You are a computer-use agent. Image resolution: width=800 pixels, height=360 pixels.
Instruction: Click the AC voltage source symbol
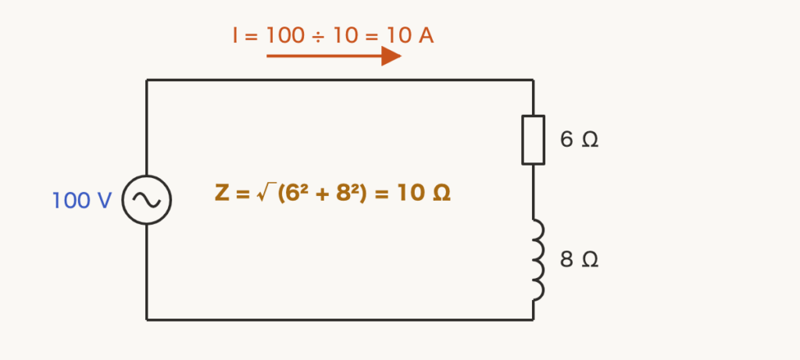click(x=146, y=176)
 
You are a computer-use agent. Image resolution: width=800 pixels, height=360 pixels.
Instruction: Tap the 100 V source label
click(x=81, y=201)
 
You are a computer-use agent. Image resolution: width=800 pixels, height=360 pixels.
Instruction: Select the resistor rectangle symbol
click(x=522, y=140)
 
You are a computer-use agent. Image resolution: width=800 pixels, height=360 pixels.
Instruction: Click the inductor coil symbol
click(x=540, y=260)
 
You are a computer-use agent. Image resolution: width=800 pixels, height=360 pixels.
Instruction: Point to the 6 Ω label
click(x=579, y=139)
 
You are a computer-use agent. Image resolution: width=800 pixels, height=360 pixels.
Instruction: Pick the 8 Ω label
click(x=579, y=259)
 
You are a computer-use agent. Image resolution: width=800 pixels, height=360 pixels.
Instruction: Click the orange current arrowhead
click(x=391, y=56)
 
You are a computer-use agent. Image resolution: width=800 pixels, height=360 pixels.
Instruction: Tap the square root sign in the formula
click(x=266, y=193)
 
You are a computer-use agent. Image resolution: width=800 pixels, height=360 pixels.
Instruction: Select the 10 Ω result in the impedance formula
click(x=423, y=193)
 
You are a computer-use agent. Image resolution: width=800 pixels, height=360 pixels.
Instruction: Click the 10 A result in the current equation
click(x=410, y=36)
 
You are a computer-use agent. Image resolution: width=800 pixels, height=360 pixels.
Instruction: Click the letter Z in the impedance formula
click(x=222, y=193)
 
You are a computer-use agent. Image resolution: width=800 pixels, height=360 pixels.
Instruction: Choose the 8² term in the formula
click(x=348, y=193)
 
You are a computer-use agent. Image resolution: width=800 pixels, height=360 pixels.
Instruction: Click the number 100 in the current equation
click(x=285, y=36)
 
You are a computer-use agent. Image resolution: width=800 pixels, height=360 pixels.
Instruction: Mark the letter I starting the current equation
click(x=235, y=36)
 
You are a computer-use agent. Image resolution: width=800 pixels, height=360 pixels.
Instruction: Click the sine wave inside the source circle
click(x=146, y=200)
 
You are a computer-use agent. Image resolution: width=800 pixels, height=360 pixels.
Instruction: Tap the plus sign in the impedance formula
click(x=321, y=194)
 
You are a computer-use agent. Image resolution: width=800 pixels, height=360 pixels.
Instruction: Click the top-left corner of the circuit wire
click(x=147, y=80)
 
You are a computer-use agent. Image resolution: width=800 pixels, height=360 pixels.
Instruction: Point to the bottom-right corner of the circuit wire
click(x=533, y=319)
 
